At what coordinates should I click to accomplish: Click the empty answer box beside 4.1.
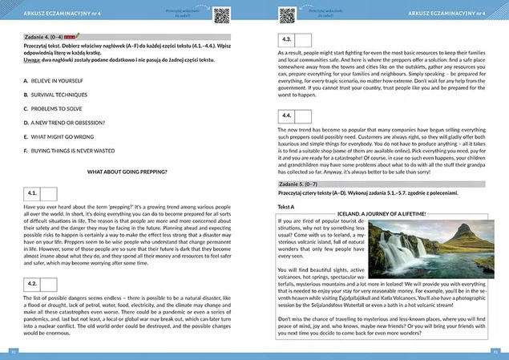pyautogui.click(x=48, y=194)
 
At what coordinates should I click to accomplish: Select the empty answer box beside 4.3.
pyautogui.click(x=300, y=38)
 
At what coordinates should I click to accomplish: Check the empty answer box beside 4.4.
pyautogui.click(x=300, y=115)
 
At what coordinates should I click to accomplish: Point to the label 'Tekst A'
pyautogui.click(x=286, y=206)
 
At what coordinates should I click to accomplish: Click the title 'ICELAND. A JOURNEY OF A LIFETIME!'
pyautogui.click(x=392, y=214)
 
